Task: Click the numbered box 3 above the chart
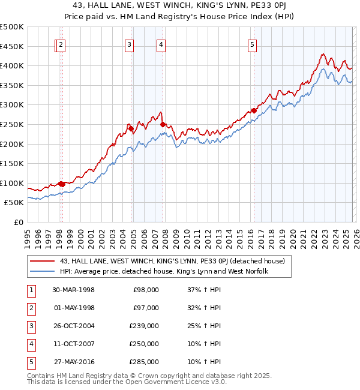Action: (130, 44)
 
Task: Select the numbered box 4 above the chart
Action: (161, 44)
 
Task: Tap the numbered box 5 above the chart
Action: (252, 44)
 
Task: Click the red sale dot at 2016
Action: (254, 110)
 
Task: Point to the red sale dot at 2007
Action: (163, 124)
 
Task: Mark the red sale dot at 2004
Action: (131, 128)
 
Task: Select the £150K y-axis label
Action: (12, 163)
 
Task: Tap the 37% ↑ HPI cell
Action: (205, 290)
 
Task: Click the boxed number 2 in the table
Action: (31, 308)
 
